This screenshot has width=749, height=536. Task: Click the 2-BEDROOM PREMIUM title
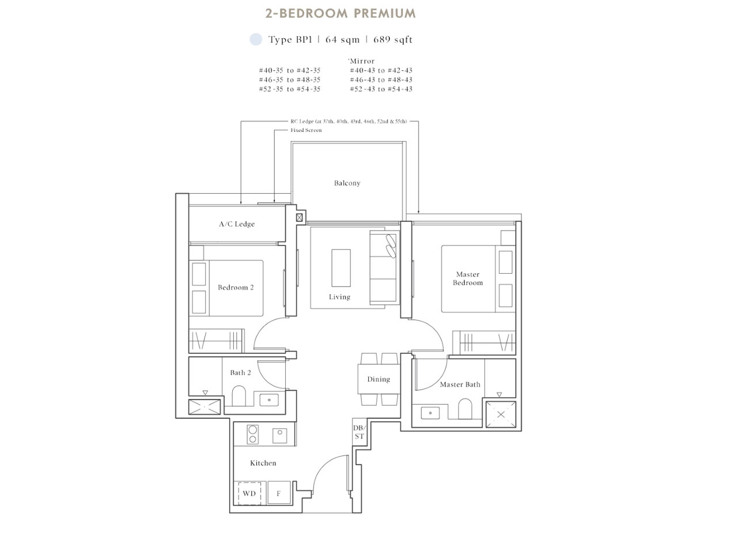pos(340,13)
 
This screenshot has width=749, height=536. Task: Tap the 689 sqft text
pos(393,40)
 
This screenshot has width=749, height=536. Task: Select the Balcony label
pos(347,183)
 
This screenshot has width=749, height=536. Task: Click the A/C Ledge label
pos(236,224)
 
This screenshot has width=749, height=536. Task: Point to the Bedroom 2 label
pos(236,288)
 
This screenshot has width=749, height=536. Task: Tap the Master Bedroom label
pos(467,279)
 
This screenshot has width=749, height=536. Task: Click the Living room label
pos(339,297)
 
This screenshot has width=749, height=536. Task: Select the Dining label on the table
pos(379,379)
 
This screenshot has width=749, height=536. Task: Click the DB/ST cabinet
pos(359,432)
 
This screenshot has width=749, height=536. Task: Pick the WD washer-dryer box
pos(249,494)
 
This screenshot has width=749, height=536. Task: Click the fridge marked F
pos(279,494)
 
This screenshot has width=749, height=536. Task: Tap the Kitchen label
pos(263,463)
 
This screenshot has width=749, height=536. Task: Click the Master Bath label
pos(460,384)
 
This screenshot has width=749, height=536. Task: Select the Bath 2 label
pos(240,373)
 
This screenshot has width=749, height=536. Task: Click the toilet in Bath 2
pos(239,397)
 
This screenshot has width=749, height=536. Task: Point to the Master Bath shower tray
pos(500,414)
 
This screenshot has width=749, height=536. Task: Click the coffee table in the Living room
pos(341,267)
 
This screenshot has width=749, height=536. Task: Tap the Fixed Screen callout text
pos(306,130)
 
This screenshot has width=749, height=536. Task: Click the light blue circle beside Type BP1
pos(255,40)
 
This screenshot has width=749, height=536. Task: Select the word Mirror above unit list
pos(362,61)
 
